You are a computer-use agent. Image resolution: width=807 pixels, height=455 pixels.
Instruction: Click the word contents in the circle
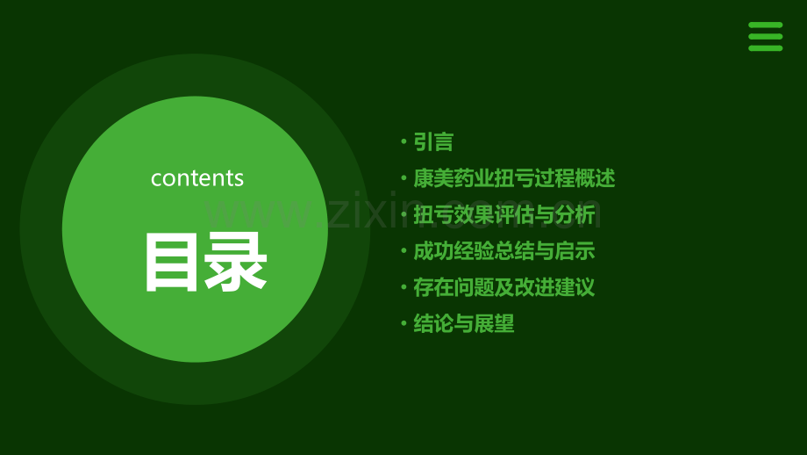[197, 177]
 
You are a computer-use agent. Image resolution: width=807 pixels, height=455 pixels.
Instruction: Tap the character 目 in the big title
[170, 262]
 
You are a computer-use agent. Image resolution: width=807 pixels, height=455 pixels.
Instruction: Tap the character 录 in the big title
[235, 262]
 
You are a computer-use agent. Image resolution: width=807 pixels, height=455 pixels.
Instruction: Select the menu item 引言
[433, 141]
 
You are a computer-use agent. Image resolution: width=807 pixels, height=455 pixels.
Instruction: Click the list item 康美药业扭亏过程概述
[514, 178]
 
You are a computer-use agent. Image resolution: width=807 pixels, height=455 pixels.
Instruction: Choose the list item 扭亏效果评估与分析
[504, 214]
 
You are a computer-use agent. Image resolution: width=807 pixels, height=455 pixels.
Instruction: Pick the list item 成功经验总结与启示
[504, 251]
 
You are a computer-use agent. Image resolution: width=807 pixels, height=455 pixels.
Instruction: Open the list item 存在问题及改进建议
[504, 287]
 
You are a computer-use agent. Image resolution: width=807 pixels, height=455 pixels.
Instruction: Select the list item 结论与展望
[464, 324]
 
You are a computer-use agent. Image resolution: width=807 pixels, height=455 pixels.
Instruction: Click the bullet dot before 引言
[403, 141]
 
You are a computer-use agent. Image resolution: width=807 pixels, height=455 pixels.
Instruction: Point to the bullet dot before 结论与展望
[403, 324]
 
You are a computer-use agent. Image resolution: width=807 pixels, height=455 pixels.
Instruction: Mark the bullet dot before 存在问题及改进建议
[403, 287]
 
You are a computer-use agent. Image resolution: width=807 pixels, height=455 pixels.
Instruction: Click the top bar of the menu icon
[765, 25]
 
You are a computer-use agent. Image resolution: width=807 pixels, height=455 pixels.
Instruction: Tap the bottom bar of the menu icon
[765, 47]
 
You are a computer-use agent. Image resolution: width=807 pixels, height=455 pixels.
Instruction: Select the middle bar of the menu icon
[765, 37]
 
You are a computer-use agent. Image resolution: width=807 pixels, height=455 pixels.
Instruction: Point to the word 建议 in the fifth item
[575, 287]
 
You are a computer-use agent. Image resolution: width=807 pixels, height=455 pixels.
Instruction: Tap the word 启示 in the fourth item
[575, 251]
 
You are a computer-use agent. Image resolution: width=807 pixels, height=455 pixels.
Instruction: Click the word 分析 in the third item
[575, 214]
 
